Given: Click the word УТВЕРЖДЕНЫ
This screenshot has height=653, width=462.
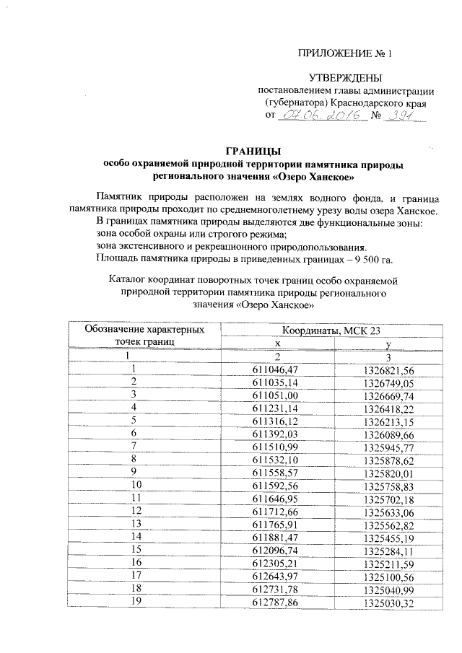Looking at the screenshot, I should coord(346,77).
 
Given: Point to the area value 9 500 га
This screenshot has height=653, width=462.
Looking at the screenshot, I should coord(371,260).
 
